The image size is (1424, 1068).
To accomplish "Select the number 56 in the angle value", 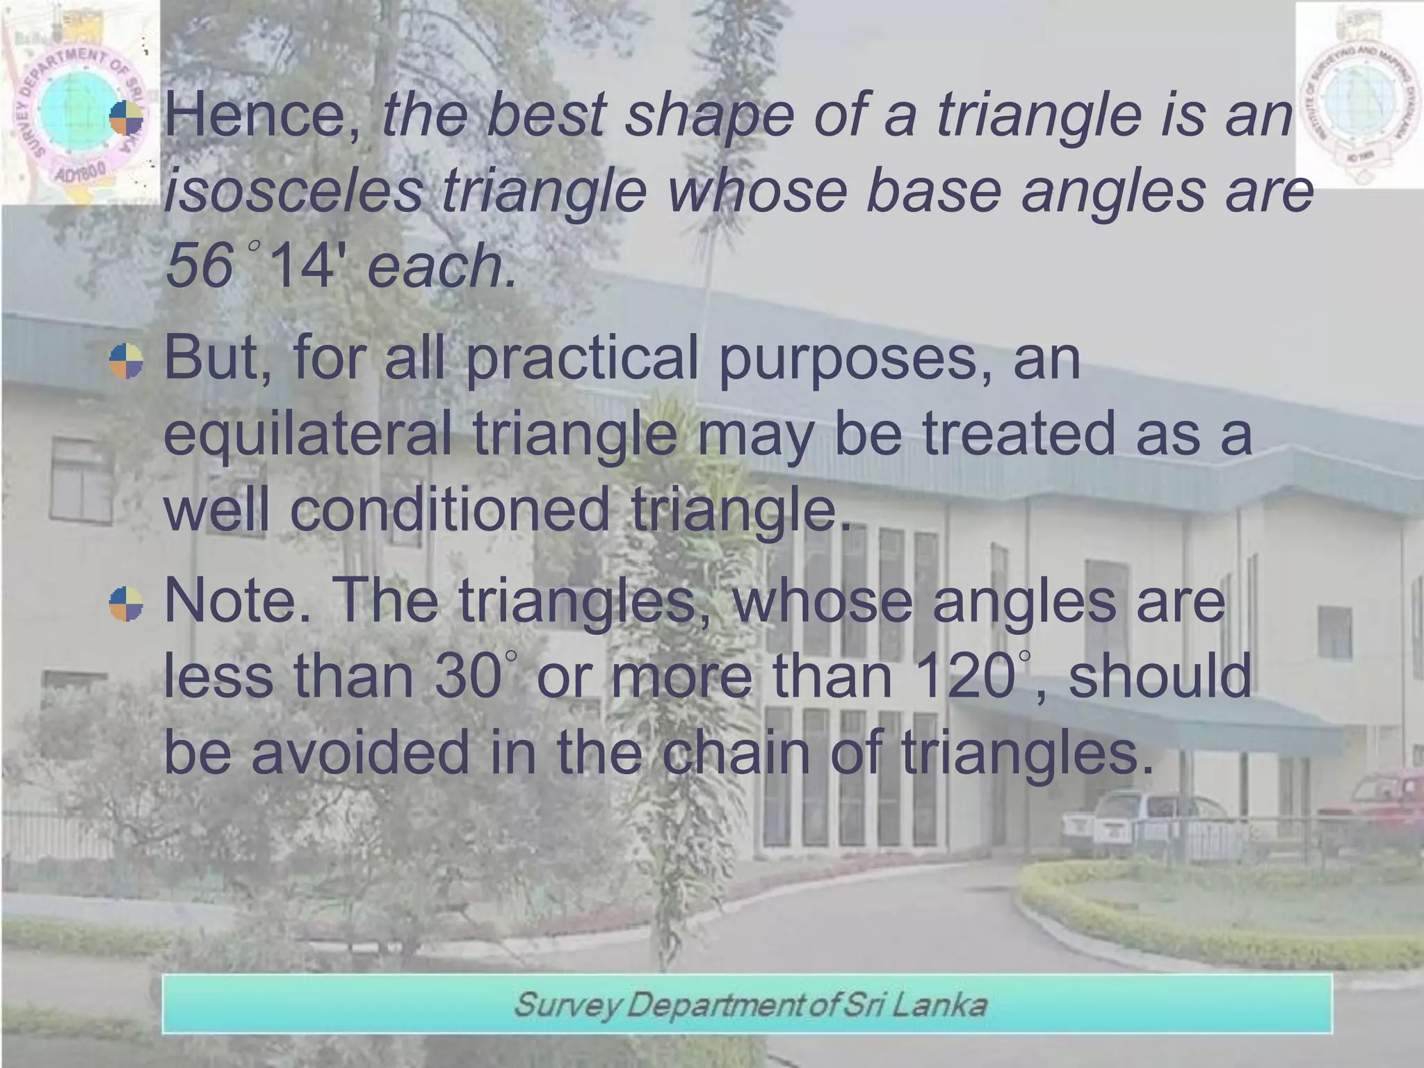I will pyautogui.click(x=200, y=266).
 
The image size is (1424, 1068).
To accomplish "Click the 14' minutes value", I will pyautogui.click(x=307, y=266).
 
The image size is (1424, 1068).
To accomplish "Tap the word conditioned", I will pyautogui.click(x=449, y=510).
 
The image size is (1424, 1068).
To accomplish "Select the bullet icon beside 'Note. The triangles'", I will pyautogui.click(x=126, y=604).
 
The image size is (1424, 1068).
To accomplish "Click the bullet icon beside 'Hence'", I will pyautogui.click(x=126, y=118).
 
